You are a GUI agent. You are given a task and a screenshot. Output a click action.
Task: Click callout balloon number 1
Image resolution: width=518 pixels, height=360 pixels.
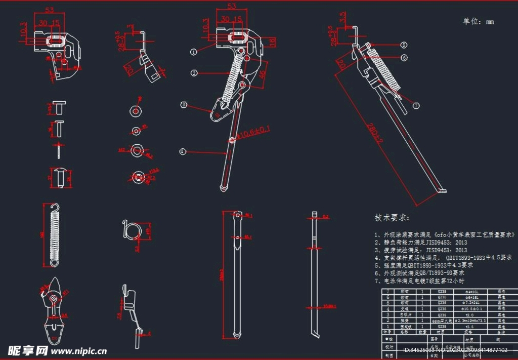pos(194,52)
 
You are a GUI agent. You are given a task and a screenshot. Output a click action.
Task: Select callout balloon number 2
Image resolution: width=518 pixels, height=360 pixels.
pos(194,73)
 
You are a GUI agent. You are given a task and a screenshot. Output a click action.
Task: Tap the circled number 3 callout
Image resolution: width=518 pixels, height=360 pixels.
pos(184,105)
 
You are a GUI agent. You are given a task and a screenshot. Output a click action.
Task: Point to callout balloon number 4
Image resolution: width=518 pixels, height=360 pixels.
pos(182,151)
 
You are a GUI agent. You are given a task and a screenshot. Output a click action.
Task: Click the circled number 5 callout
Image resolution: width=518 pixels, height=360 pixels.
pos(404,45)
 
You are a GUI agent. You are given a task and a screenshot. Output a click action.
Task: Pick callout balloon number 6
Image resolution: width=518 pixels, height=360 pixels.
pos(404,58)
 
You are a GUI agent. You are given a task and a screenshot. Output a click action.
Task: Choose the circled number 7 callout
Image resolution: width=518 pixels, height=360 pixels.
pos(416,106)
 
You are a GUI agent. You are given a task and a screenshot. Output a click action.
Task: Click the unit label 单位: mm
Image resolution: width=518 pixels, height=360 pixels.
pos(478,22)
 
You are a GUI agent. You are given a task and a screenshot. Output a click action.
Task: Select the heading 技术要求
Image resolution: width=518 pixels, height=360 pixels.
pos(393,218)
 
